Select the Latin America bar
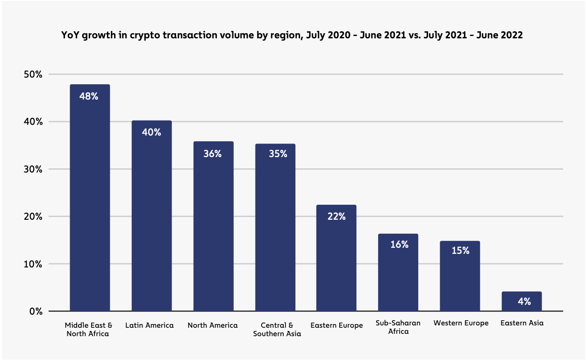[x=151, y=220]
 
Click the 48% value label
[x=89, y=97]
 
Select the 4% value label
[x=524, y=302]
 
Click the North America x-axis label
[x=213, y=325]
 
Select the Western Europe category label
[x=461, y=323]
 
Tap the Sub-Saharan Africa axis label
[x=398, y=327]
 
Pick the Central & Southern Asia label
[x=277, y=330]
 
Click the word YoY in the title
[x=71, y=36]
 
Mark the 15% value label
[x=460, y=251]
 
